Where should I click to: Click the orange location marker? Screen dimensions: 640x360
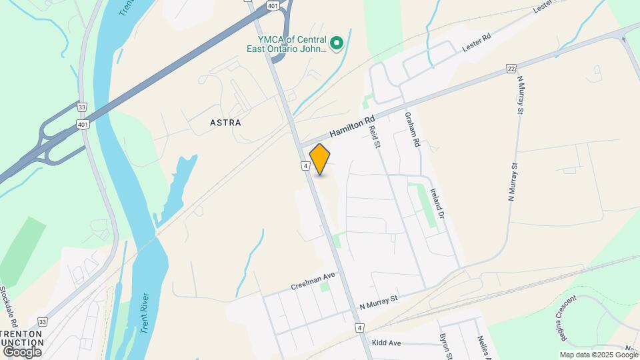coord(320,159)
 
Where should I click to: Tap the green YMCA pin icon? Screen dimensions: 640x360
coord(337,44)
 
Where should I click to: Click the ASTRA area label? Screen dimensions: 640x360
coord(225,123)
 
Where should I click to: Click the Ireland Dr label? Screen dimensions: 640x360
coord(437,203)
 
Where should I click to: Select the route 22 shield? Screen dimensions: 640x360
coord(511,68)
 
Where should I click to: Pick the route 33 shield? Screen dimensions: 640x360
coord(81,107)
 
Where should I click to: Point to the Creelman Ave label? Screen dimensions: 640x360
coord(313,281)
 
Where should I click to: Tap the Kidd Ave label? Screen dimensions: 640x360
coord(386,343)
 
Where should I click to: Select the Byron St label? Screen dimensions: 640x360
coord(445,345)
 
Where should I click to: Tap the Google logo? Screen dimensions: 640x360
coord(22,351)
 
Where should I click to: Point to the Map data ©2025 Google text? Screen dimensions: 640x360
coord(598,355)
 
